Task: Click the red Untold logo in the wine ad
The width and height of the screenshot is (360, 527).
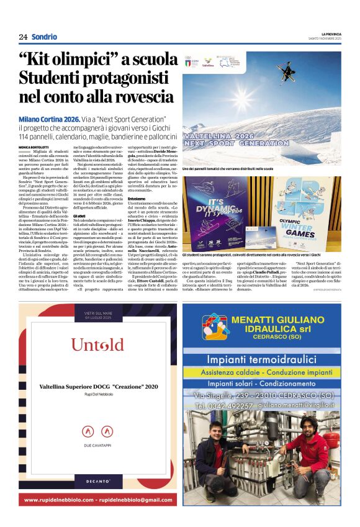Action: (97, 345)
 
